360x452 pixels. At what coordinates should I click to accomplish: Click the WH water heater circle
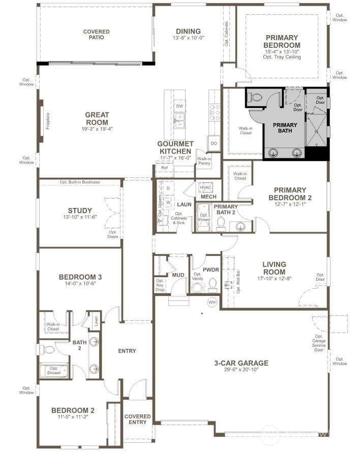tap(212, 303)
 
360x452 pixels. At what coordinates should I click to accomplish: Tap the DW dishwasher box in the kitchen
tap(179, 106)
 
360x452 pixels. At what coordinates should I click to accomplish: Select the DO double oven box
tap(214, 144)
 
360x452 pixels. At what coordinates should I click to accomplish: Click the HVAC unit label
tap(205, 187)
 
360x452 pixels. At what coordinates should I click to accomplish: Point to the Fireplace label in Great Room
tap(48, 120)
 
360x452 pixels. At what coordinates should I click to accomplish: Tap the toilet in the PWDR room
tap(213, 285)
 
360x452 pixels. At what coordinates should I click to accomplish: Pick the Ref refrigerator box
tap(164, 168)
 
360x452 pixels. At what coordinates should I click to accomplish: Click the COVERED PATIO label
tap(97, 35)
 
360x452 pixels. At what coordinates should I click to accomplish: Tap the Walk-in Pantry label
tap(204, 160)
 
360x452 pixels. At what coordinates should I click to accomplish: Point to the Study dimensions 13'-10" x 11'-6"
tap(80, 218)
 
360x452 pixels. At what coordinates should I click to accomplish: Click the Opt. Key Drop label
tap(160, 285)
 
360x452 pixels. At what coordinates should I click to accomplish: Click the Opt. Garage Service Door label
tap(319, 343)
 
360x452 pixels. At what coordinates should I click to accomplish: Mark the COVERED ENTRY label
tap(138, 419)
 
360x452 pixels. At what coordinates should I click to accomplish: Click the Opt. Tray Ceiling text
tap(282, 57)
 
